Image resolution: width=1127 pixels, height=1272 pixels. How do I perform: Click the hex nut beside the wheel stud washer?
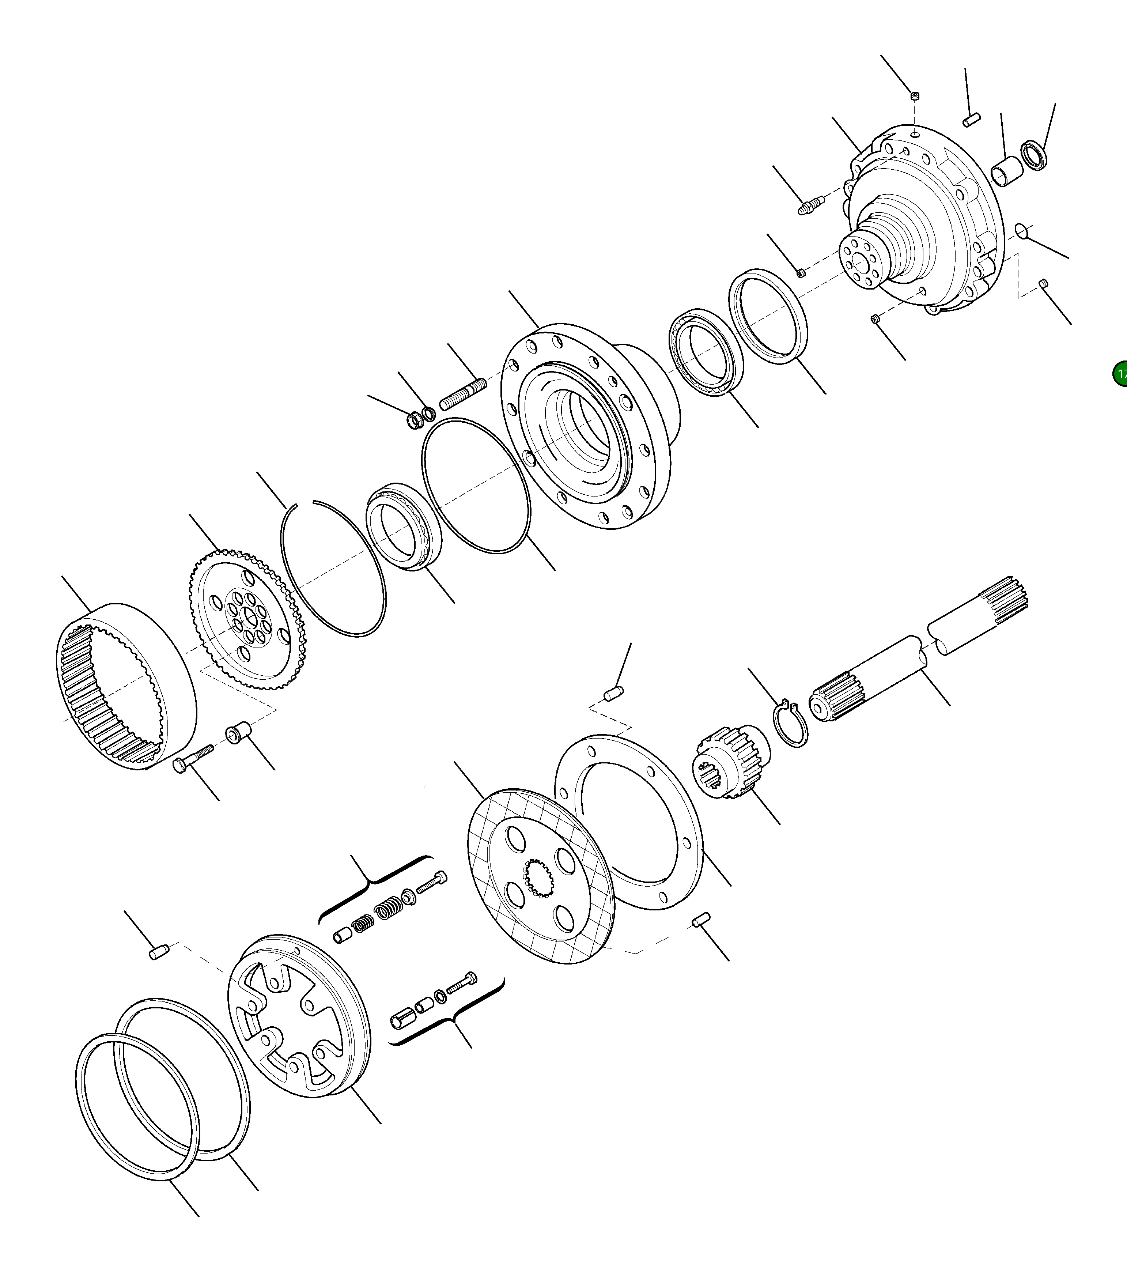[414, 421]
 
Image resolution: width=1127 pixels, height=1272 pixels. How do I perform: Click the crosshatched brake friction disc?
[540, 877]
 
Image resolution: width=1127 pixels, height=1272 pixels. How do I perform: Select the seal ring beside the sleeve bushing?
[1034, 156]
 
